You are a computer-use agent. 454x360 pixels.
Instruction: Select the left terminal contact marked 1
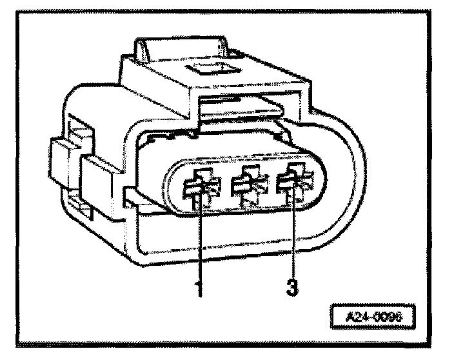coord(198,186)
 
